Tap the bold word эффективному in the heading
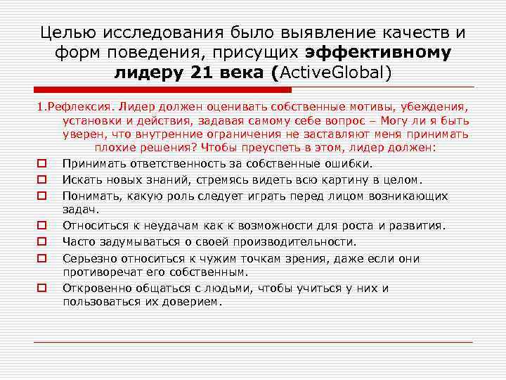point(379,52)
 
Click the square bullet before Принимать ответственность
point(42,165)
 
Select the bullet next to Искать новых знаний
point(42,179)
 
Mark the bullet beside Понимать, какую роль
point(42,195)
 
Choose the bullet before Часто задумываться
point(42,241)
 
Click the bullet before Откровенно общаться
point(42,288)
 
